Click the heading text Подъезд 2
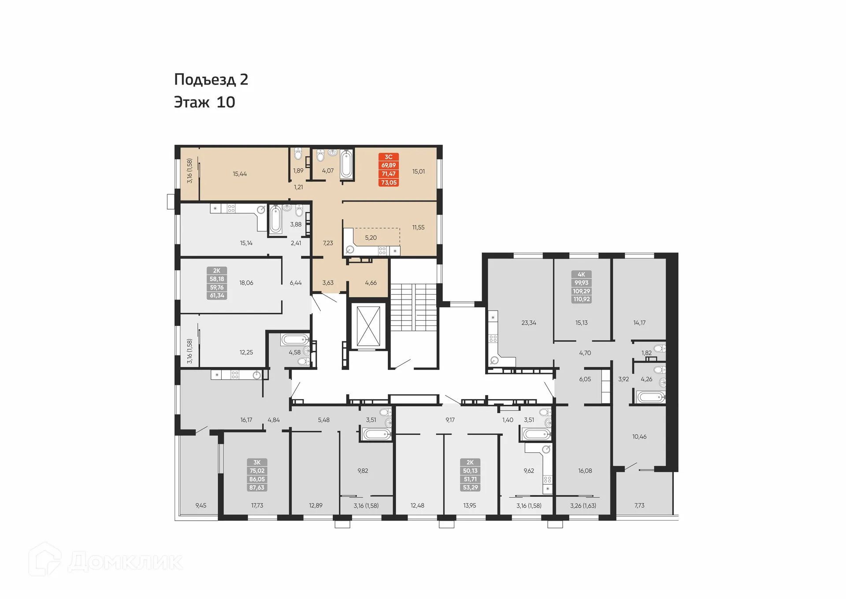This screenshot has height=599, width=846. coord(211,80)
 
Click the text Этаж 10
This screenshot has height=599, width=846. coord(204,102)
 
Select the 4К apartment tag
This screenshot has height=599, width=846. coord(581,274)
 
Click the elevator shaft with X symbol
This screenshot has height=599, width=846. coord(368,326)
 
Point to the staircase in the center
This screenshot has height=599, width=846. coord(413,307)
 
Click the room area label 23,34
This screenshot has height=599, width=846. coord(528,323)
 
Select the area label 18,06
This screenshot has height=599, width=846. coord(246,283)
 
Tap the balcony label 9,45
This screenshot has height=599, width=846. coord(200,506)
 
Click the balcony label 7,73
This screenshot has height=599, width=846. coord(639,506)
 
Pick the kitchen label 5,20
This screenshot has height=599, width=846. coord(371,238)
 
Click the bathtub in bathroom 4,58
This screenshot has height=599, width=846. coord(295,340)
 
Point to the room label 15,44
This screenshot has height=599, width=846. coord(240,174)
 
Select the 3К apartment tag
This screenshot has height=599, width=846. coord(257,462)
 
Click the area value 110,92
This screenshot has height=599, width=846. coord(581,299)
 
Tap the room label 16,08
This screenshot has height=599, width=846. coord(585,471)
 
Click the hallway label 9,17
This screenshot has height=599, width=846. coord(450,420)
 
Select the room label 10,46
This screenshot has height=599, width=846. coord(639,437)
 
